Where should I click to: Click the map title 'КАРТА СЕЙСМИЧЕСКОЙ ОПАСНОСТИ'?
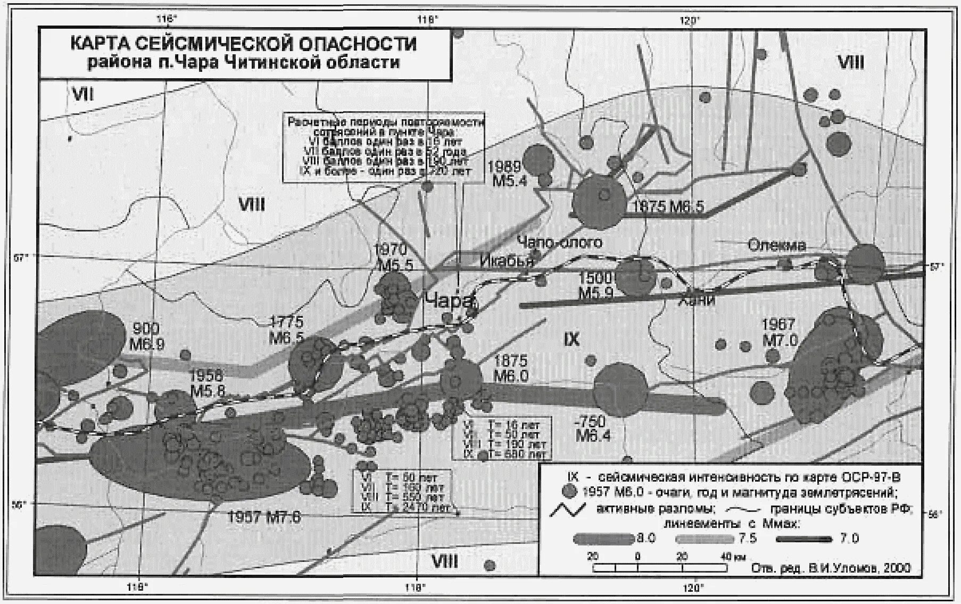[243, 44]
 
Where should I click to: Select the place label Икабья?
[507, 261]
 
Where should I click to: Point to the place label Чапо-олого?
[560, 243]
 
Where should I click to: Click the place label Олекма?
[777, 245]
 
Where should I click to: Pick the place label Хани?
[696, 300]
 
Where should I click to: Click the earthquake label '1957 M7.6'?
[264, 516]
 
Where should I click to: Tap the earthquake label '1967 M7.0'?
[779, 332]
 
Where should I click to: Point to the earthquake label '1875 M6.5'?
[668, 206]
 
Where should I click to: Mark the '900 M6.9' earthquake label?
[147, 336]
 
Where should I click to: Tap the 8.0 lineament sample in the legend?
[602, 539]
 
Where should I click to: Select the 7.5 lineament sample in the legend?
[705, 539]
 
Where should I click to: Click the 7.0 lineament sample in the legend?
[803, 539]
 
